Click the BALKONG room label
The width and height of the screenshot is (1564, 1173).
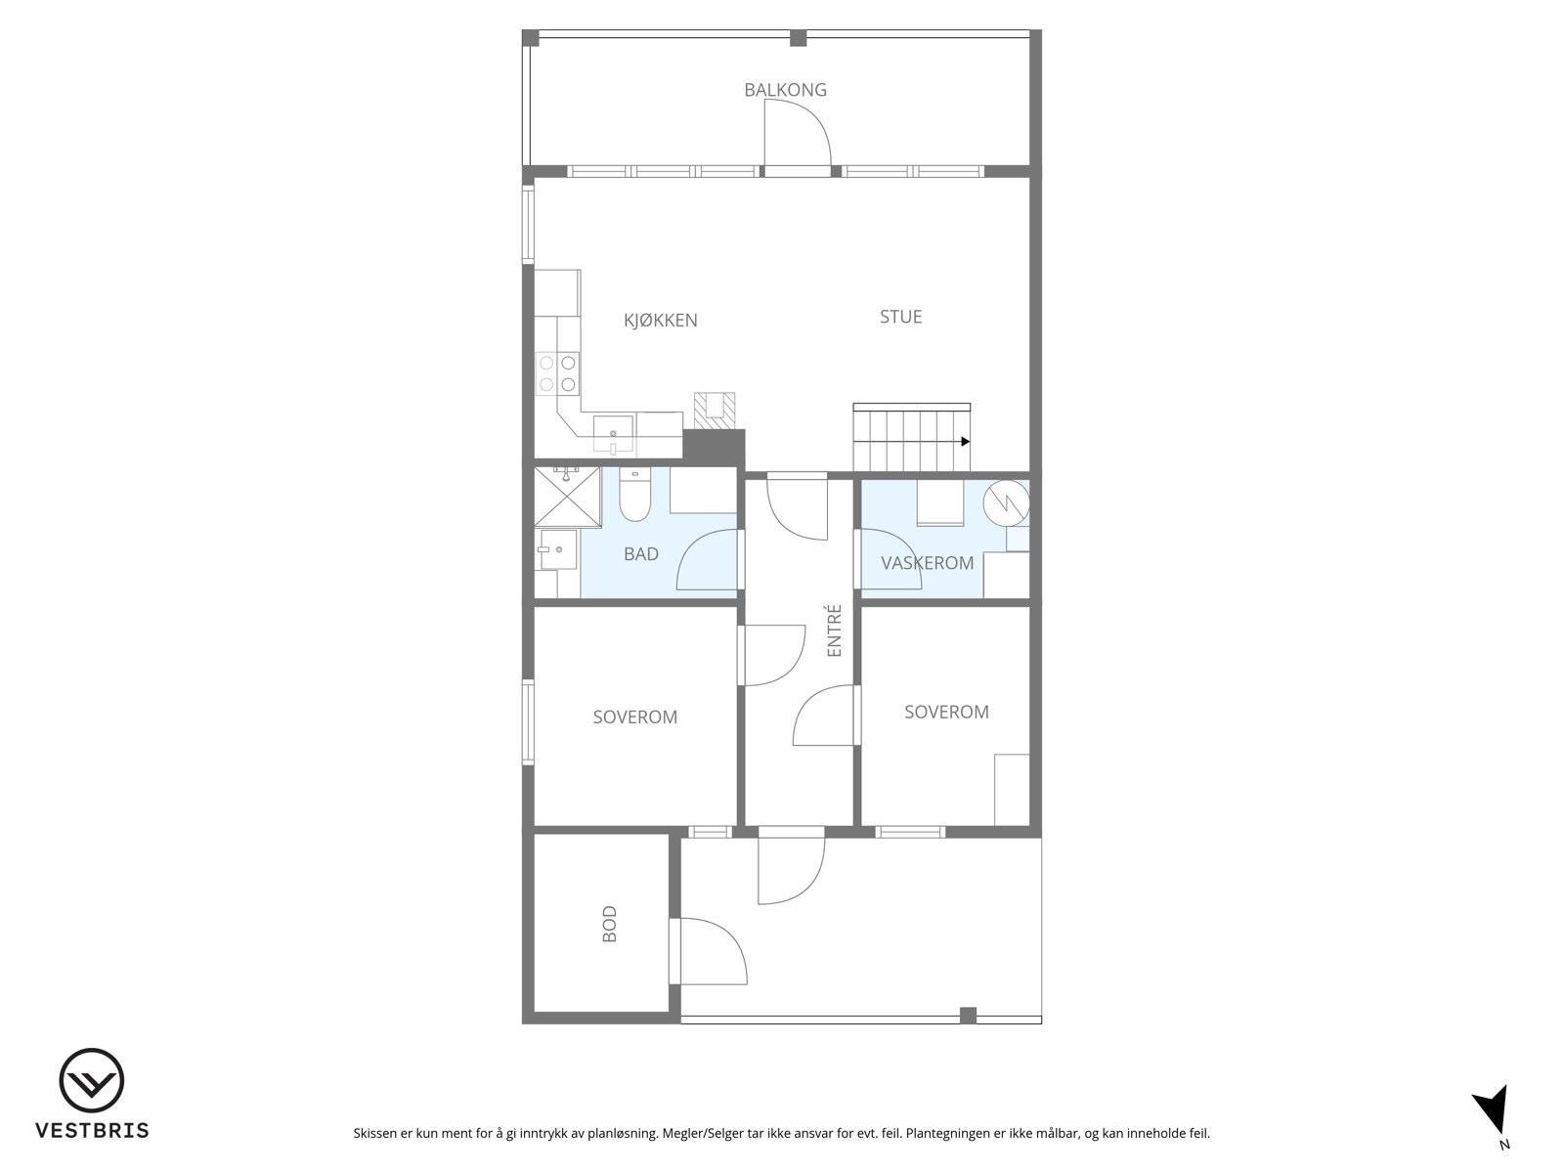click(785, 90)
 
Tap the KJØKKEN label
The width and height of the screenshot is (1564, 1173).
click(661, 321)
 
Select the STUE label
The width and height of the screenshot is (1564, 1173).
click(900, 317)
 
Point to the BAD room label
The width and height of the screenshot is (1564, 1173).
click(641, 554)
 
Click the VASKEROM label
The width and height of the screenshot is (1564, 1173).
click(927, 563)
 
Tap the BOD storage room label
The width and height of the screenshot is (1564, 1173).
click(610, 924)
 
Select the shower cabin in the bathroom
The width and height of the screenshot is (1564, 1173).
click(568, 497)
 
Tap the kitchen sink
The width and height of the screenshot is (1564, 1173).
click(613, 432)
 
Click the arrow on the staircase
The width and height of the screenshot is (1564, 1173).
click(965, 441)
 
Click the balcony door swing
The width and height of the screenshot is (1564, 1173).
click(797, 137)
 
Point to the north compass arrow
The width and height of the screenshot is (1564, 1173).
click(1493, 1112)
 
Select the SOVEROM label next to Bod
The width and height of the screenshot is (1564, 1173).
click(634, 717)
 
